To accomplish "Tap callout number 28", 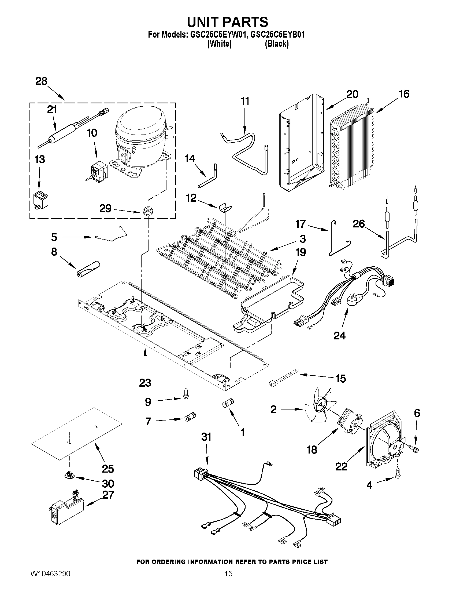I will [x=41, y=81].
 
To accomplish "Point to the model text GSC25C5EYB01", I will [x=278, y=35].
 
